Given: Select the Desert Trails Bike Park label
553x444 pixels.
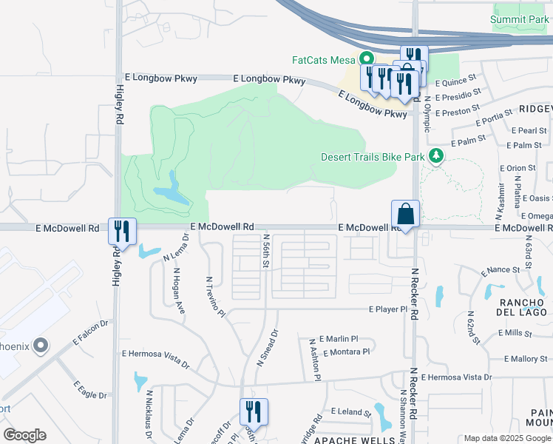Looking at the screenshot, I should pos(373,157).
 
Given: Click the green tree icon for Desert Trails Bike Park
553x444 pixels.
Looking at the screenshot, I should pos(436,155).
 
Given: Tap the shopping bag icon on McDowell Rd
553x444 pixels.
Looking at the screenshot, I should pos(405,215).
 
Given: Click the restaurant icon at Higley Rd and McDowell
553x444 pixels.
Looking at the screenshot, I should pos(122,231).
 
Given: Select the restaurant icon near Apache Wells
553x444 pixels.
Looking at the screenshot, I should pos(254,411).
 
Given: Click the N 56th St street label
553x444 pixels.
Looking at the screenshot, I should pos(266,251).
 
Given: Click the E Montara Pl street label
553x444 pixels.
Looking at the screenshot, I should pos(346,351).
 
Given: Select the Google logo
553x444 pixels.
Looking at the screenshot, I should pos(24,435).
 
